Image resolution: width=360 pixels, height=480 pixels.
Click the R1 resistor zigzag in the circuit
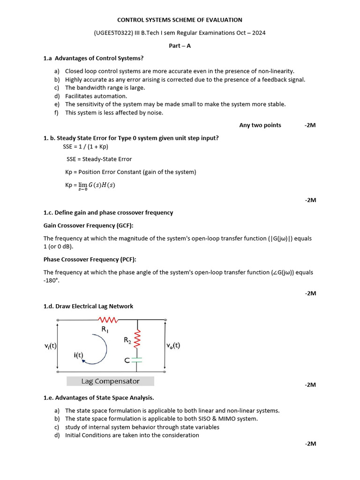109,320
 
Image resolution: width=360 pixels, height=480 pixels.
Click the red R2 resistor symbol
137,339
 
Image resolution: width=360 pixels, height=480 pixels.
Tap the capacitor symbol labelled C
137,360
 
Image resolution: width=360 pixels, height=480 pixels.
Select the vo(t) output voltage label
173,346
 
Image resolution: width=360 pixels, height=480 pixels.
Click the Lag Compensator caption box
110,381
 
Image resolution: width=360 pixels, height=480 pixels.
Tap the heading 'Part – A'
180,45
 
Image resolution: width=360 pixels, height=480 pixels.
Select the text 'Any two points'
260,125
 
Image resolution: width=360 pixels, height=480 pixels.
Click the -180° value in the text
52,280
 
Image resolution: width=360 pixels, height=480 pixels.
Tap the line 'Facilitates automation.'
96,96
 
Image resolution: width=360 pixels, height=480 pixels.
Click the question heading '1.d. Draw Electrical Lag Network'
88,306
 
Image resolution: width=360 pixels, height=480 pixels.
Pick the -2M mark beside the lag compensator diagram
310,385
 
